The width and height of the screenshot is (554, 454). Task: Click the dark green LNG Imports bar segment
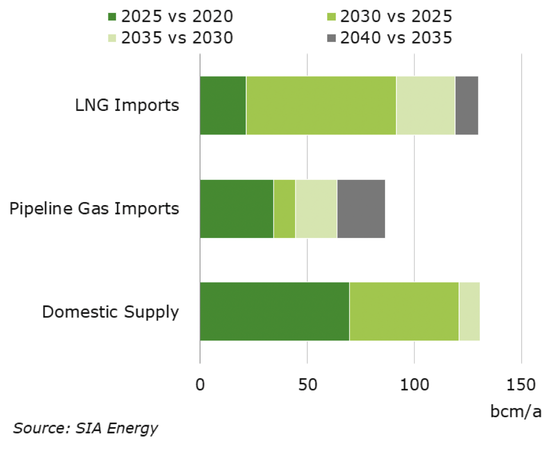pyautogui.click(x=223, y=106)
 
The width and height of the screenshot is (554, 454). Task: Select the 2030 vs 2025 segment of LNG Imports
pyautogui.click(x=321, y=106)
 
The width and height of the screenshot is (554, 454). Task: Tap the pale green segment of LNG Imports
pyautogui.click(x=426, y=106)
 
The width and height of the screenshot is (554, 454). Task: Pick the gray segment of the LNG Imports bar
pyautogui.click(x=466, y=106)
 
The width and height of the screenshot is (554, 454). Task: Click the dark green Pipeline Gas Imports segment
pyautogui.click(x=237, y=209)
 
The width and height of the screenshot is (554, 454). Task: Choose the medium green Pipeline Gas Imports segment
pyautogui.click(x=284, y=209)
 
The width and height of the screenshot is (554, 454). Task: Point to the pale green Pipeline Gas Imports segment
pyautogui.click(x=316, y=209)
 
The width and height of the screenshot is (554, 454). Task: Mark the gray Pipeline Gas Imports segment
pyautogui.click(x=361, y=209)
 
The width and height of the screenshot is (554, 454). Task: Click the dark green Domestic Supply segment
pyautogui.click(x=275, y=311)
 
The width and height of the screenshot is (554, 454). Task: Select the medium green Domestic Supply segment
pyautogui.click(x=404, y=311)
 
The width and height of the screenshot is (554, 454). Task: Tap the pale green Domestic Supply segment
pyautogui.click(x=469, y=311)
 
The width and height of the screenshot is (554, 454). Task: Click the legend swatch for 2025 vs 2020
pyautogui.click(x=112, y=16)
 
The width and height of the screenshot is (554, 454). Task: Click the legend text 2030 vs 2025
pyautogui.click(x=396, y=16)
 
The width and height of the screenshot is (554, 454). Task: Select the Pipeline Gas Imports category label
pyautogui.click(x=94, y=209)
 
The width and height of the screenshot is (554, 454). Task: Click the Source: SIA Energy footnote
pyautogui.click(x=85, y=428)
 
